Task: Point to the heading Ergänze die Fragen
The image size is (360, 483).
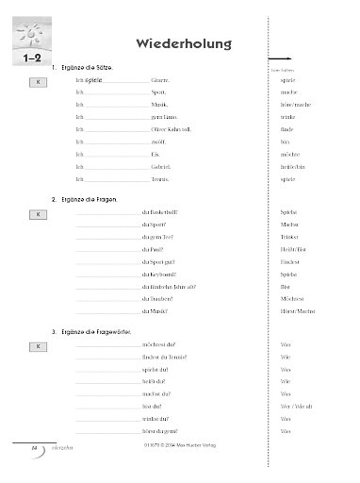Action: tap(89, 201)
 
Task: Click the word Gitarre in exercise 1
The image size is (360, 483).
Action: tap(161, 83)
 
